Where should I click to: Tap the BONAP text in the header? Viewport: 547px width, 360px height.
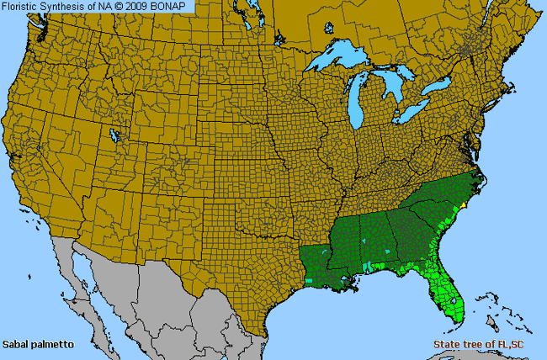173,6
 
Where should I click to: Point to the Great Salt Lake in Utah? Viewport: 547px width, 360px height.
114,134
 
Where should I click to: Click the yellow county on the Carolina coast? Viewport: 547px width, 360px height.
461,204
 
